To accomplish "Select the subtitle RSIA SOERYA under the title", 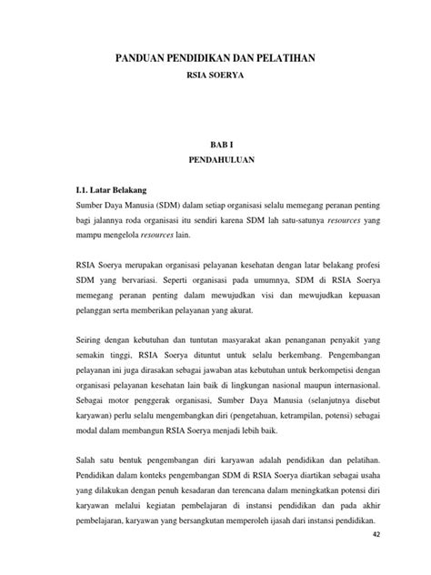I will tap(215, 76).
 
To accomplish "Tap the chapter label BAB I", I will tap(215, 143).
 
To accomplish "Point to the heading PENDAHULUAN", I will tap(215, 160).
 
